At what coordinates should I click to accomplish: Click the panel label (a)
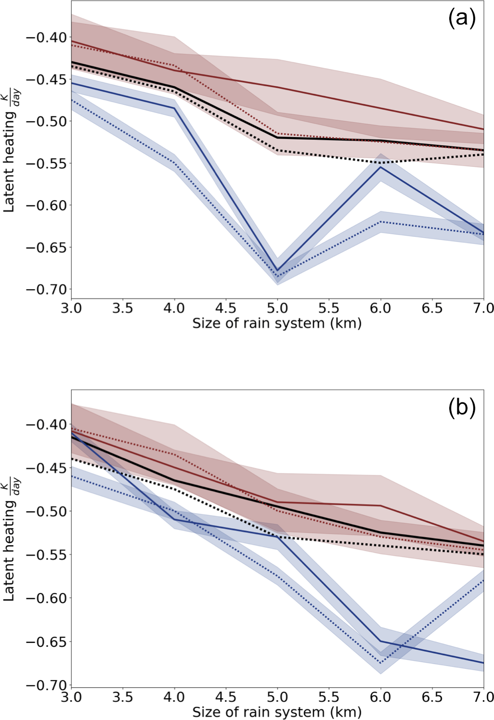pos(461,19)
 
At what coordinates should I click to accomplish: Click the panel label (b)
pos(461,408)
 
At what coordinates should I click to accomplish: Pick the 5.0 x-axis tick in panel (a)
pos(277,308)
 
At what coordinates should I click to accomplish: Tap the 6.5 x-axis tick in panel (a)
pos(432,308)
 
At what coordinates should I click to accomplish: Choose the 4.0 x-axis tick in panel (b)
pos(174,697)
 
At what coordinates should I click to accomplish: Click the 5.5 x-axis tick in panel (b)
pos(329,697)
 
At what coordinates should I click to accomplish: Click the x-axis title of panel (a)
pos(277,323)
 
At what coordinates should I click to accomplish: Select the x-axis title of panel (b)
pos(277,712)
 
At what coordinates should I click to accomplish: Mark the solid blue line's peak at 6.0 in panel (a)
pos(381,167)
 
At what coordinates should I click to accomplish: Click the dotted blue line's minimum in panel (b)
pos(381,663)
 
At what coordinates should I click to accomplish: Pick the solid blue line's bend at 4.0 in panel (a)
pos(174,108)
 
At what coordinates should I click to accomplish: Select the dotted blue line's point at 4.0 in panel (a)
pos(174,163)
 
